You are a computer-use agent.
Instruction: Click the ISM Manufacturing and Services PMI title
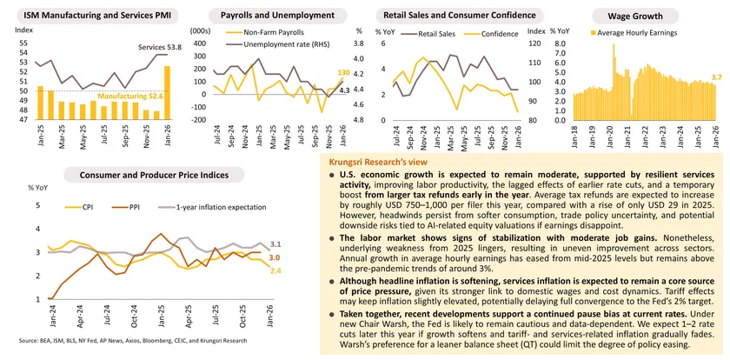coord(84,16)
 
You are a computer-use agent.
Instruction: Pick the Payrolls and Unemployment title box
coord(267,16)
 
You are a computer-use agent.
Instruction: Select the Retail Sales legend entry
coord(438,34)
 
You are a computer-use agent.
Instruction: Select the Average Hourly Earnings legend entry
coord(638,33)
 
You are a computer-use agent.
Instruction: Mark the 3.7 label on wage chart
coord(718,78)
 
